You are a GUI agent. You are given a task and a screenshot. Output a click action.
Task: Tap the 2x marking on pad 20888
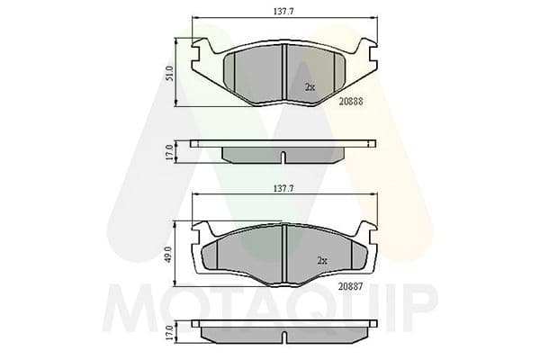click(310, 87)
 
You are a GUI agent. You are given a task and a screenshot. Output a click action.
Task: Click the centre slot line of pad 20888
click(283, 68)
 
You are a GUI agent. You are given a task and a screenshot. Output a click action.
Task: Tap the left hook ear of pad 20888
click(202, 44)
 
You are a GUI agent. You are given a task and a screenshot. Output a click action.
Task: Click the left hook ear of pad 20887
click(202, 229)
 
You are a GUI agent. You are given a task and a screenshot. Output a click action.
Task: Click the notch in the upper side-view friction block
click(283, 159)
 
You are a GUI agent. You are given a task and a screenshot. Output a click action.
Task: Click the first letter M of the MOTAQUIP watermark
click(127, 306)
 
